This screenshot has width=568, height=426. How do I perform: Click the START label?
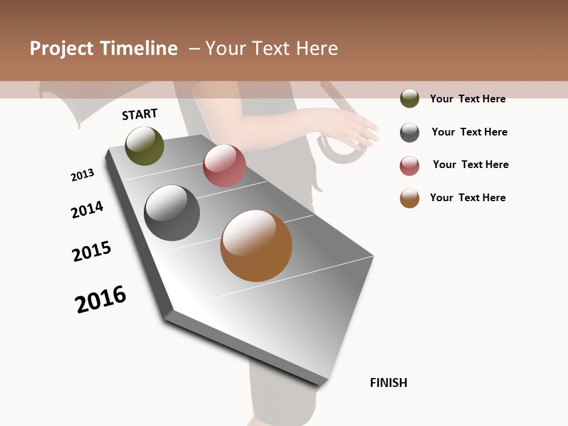pyautogui.click(x=140, y=114)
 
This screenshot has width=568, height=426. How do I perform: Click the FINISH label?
pyautogui.click(x=389, y=383)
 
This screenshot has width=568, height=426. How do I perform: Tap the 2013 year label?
pyautogui.click(x=82, y=175)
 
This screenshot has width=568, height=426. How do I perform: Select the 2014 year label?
pyautogui.click(x=87, y=210)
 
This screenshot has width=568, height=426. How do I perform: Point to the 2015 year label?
pyautogui.click(x=92, y=251)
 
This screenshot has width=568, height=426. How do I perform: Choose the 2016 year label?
pyautogui.click(x=101, y=299)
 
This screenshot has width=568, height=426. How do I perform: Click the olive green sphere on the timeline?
pyautogui.click(x=144, y=146)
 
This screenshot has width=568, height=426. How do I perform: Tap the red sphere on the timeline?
pyautogui.click(x=224, y=166)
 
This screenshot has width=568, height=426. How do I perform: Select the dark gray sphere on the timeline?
pyautogui.click(x=172, y=213)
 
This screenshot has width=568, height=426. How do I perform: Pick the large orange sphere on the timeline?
pyautogui.click(x=256, y=246)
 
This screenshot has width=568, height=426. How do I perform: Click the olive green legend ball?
pyautogui.click(x=409, y=99)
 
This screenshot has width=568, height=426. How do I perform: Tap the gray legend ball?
pyautogui.click(x=409, y=133)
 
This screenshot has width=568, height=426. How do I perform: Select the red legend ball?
pyautogui.click(x=409, y=166)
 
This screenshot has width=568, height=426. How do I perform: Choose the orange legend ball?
pyautogui.click(x=409, y=198)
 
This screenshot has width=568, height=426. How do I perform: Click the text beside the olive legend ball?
pyautogui.click(x=467, y=99)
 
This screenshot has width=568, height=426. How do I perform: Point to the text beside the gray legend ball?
pyautogui.click(x=469, y=132)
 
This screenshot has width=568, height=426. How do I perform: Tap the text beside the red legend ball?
pyautogui.click(x=470, y=164)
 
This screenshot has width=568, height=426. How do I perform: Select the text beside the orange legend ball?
pyautogui.click(x=467, y=198)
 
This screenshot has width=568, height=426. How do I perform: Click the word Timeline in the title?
pyautogui.click(x=138, y=49)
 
